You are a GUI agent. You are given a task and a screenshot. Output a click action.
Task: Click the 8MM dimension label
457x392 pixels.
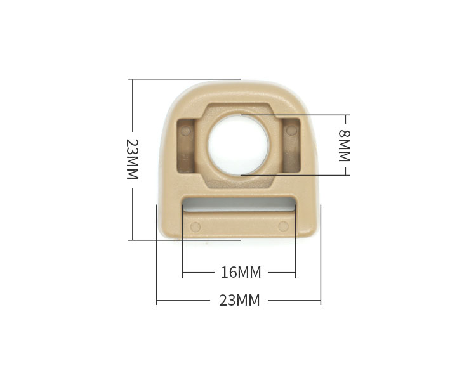click(x=344, y=145)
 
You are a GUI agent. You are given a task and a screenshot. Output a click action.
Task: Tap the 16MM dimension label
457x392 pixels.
click(x=241, y=273)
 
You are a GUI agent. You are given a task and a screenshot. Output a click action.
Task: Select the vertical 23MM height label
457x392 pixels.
click(x=132, y=159)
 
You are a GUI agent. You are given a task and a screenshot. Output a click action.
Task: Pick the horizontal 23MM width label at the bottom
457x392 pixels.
click(x=239, y=301)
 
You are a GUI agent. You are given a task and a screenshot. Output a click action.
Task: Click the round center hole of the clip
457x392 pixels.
click(x=238, y=145)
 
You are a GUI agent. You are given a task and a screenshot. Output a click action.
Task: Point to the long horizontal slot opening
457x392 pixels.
click(x=239, y=204)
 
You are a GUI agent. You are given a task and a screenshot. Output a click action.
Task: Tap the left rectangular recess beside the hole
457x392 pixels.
click(x=186, y=145)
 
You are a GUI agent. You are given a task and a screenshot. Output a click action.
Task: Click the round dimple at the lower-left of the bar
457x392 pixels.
click(x=195, y=227)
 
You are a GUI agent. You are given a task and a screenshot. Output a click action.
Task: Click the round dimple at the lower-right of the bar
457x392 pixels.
click(x=283, y=226)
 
